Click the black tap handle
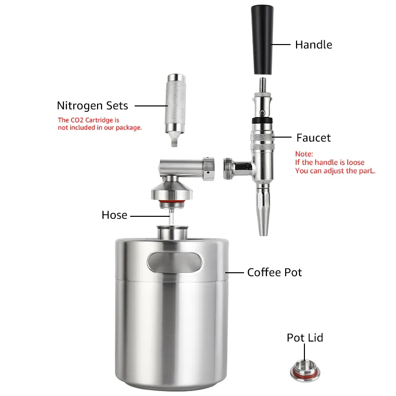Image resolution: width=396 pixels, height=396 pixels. (262, 40)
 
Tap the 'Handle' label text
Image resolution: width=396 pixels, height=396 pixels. (313, 45)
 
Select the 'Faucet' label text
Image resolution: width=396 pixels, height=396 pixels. (313, 138)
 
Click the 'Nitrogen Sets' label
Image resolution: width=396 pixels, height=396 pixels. (93, 105)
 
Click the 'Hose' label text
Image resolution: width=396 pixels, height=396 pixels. (114, 215)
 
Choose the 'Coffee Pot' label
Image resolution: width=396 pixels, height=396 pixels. (275, 273)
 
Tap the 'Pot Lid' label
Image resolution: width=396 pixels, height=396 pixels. (305, 338)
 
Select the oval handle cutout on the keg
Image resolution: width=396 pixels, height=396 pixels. (175, 262)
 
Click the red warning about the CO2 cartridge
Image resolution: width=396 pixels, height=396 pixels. (100, 124)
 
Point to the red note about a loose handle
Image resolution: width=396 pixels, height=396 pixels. (335, 162)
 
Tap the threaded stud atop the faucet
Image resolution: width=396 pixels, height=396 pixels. (263, 85)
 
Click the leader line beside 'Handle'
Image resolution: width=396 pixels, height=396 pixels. (281, 45)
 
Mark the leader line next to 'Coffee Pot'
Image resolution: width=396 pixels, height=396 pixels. (234, 273)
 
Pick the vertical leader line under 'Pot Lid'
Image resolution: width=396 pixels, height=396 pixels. (304, 352)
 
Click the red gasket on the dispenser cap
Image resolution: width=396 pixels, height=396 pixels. (172, 201)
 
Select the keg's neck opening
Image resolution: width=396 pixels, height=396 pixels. (172, 232)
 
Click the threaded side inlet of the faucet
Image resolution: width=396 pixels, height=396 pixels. (228, 169)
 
